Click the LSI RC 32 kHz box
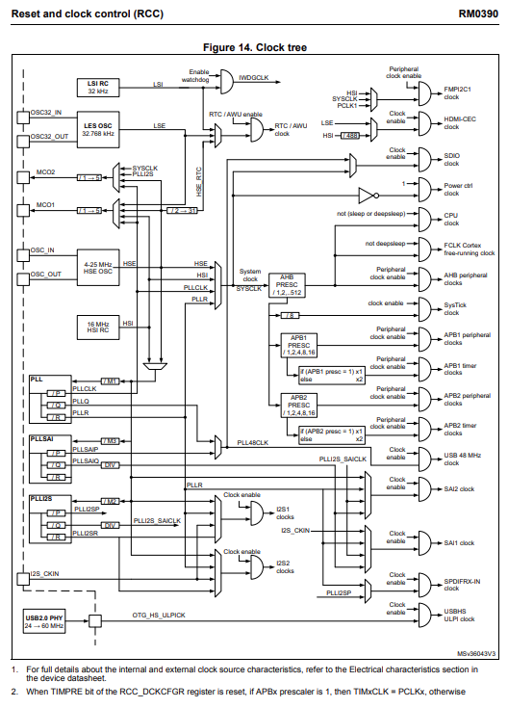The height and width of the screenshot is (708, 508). (98, 88)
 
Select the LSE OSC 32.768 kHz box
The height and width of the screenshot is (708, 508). (98, 130)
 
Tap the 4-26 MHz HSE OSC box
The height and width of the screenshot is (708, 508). (98, 266)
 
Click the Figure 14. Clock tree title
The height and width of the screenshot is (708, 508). (255, 47)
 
